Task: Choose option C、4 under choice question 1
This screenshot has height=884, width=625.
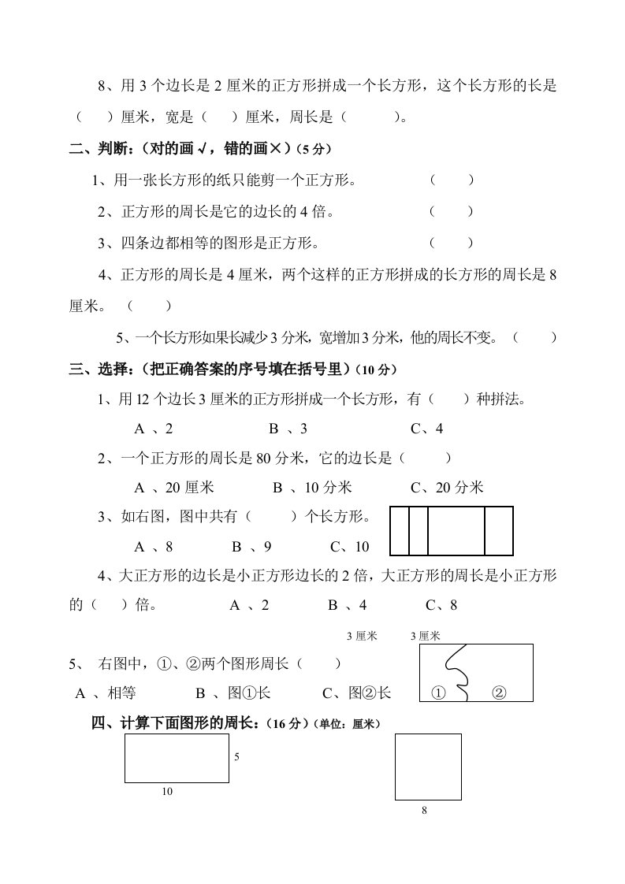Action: click(427, 429)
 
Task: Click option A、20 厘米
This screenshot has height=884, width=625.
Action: click(174, 488)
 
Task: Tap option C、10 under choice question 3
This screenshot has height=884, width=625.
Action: click(349, 547)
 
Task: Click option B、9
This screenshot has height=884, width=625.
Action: click(251, 547)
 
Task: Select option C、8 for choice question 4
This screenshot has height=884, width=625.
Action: click(441, 605)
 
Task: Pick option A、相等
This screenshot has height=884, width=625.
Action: click(106, 693)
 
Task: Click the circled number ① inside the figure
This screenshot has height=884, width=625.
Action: click(439, 693)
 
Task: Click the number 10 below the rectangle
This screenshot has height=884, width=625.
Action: click(167, 792)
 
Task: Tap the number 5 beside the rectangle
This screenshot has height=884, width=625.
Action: click(236, 756)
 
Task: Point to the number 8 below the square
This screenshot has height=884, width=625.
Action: click(424, 811)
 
